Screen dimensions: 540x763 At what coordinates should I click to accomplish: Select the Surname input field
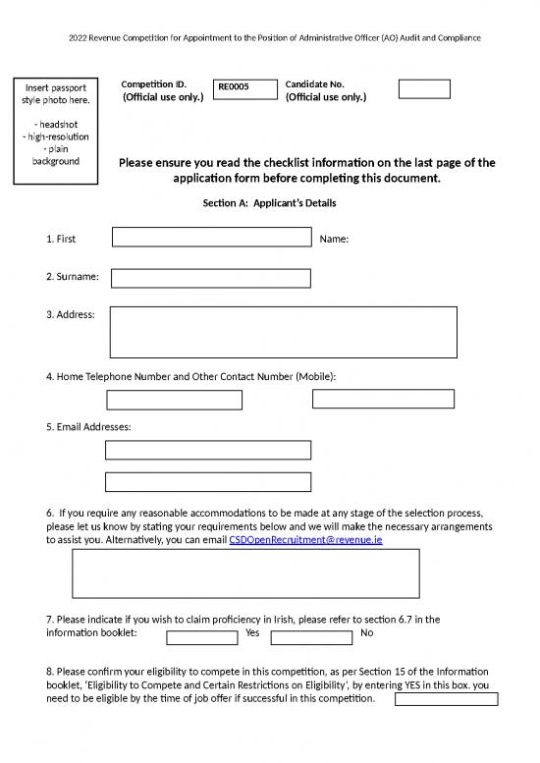pos(211,278)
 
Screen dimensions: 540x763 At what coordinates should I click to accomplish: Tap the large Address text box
pos(284,332)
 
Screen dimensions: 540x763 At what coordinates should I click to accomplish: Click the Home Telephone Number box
pos(174,400)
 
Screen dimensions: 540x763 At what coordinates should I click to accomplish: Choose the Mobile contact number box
pos(383,398)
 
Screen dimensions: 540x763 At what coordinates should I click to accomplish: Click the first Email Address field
pos(208,450)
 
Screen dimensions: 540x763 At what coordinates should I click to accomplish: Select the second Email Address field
pos(208,481)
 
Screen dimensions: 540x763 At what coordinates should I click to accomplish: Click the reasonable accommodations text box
pos(245,573)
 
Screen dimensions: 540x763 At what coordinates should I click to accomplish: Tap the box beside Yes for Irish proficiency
pos(202,638)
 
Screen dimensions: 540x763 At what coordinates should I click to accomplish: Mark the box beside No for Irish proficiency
pos(311,638)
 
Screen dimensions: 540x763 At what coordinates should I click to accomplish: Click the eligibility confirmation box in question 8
pos(446,699)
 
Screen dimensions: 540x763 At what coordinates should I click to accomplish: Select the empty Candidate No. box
pos(424,89)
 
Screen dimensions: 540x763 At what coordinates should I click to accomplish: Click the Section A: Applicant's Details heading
pos(269,203)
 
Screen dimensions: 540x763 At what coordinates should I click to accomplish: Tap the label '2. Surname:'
pos(73,278)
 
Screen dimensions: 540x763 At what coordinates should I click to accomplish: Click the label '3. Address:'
pos(71,314)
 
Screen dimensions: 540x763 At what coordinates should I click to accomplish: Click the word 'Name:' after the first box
pos(335,239)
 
